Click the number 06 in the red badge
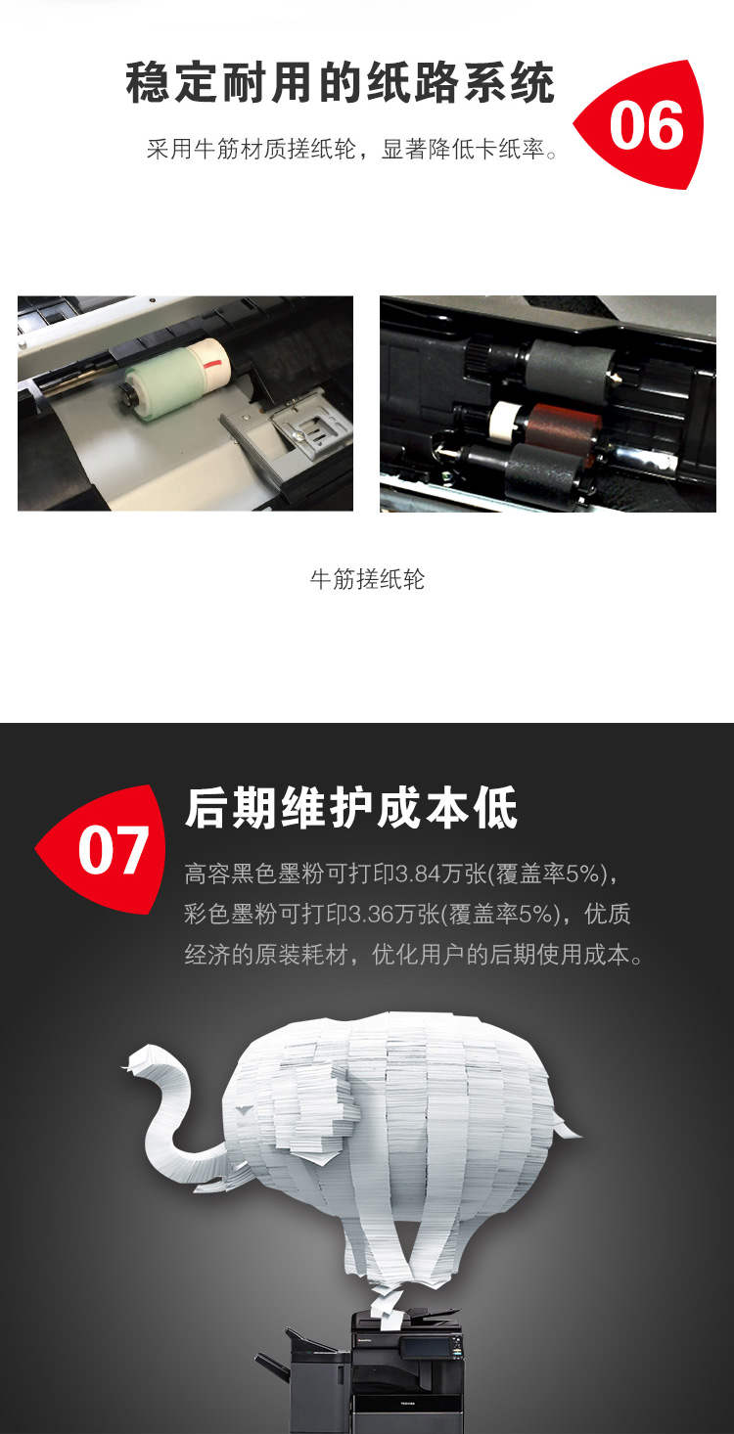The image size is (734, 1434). [x=646, y=125]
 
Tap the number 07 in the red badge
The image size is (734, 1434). [x=114, y=849]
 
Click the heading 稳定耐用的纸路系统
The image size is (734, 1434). [x=341, y=83]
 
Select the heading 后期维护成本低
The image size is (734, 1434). [x=351, y=808]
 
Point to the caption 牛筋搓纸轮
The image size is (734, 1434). [x=367, y=579]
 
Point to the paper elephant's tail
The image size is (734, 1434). [x=567, y=1131]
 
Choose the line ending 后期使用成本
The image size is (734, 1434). [x=413, y=955]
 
